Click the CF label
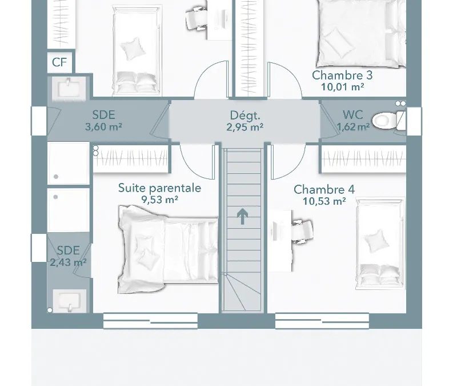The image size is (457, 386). pos(59,62)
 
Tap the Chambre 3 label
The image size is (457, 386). pos(342,75)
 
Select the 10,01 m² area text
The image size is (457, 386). pos(342,87)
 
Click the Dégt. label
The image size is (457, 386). pos(245,116)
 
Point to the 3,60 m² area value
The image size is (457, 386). pos(103,127)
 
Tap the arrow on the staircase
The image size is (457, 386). pos(242,217)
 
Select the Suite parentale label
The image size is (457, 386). pos(160,188)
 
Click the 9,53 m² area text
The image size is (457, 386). pos(160,200)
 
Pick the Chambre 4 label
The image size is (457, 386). pos(324,190)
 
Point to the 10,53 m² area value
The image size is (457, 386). pos(324,201)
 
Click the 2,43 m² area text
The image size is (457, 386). pos(68,262)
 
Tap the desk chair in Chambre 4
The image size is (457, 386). pos(302,231)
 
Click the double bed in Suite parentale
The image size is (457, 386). pos(168,249)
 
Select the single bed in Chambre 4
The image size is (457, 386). pos(380,244)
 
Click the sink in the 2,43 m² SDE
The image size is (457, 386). pos(69,301)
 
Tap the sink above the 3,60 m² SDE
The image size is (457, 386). pos(69,87)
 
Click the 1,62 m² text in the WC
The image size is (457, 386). pos(353,126)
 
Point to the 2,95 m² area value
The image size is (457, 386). pos(245,127)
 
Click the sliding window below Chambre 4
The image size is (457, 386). pos(322,321)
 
